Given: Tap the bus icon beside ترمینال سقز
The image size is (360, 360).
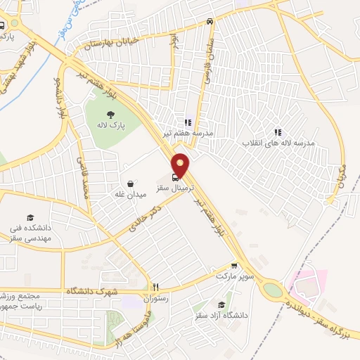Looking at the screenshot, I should coord(174,178).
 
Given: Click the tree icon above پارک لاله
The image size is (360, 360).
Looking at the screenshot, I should coord(110,115).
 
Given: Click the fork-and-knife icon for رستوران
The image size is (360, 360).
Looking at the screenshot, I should coord(157,287).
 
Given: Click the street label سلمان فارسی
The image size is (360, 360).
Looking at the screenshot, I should coord(208,58).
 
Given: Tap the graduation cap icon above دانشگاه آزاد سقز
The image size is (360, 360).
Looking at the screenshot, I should coord(222,304).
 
